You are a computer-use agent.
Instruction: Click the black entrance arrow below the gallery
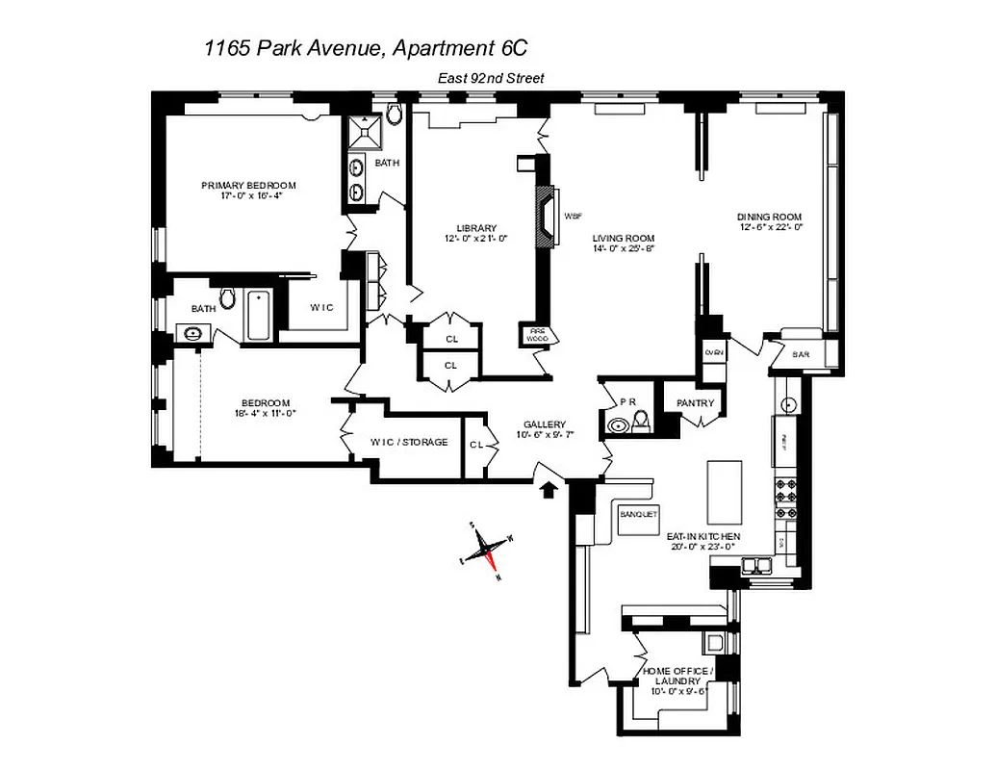[x=549, y=491]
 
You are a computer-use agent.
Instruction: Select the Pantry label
[x=695, y=403]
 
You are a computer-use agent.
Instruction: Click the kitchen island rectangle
[x=724, y=490]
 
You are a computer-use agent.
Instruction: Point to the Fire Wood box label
[x=536, y=335]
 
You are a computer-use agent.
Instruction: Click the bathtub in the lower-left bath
[x=258, y=315]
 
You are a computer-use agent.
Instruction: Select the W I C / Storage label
[x=409, y=443]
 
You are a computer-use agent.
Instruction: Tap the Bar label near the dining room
[x=801, y=354]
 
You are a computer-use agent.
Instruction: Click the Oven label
[x=714, y=353]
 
